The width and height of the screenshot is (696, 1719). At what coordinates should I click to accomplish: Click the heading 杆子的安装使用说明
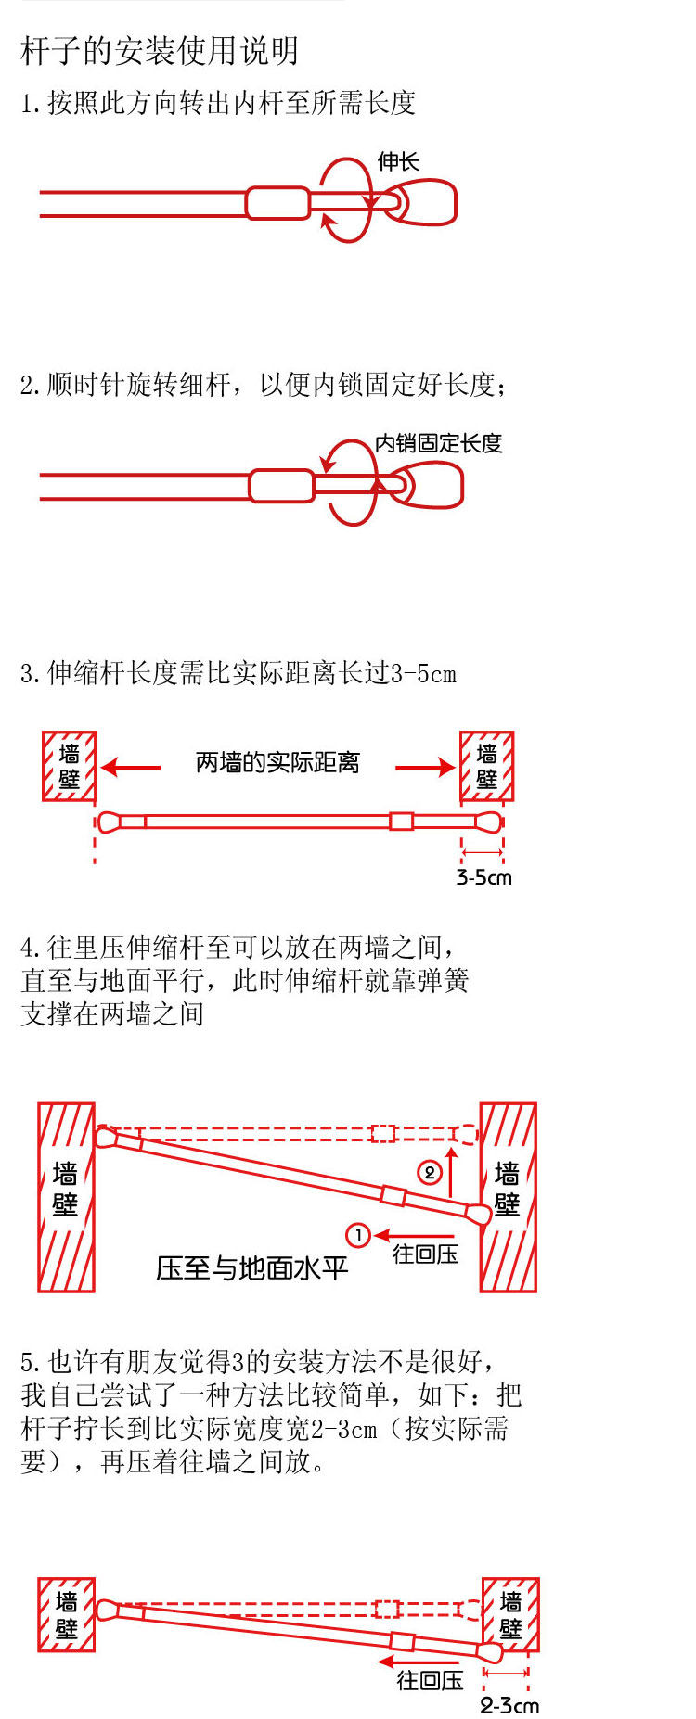point(160,51)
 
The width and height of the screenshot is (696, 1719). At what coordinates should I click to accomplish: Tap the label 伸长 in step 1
point(398,162)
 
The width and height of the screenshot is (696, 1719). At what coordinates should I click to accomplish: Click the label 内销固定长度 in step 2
point(438,443)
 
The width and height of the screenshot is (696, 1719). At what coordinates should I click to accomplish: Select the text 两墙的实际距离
point(277,763)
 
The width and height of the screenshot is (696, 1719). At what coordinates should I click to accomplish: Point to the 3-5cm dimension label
point(484,877)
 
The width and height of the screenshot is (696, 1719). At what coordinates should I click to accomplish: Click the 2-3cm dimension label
point(509,1705)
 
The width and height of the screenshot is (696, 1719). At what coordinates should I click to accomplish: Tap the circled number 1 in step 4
point(358,1235)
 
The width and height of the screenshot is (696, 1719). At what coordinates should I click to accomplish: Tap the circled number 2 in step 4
point(429,1173)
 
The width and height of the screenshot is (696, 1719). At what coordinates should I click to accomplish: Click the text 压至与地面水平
point(251,1267)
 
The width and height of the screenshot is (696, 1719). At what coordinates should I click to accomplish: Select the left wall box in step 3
point(70,766)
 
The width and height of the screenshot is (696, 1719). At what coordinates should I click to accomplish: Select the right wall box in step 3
point(487,766)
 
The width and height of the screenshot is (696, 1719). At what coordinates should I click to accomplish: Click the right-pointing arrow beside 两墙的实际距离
point(425,768)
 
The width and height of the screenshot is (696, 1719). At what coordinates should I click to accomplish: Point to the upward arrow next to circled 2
point(452,1171)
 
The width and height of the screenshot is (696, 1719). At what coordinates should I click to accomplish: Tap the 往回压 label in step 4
point(425,1254)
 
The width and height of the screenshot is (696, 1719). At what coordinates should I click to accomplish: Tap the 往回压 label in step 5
point(430,1680)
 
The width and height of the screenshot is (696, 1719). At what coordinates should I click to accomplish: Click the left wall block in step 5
point(66,1614)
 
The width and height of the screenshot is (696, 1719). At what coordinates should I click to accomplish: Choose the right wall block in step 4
point(508,1196)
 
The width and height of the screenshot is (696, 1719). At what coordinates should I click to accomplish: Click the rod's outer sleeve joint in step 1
point(277,203)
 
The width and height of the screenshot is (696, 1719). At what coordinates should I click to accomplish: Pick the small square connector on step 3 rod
point(401,821)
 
